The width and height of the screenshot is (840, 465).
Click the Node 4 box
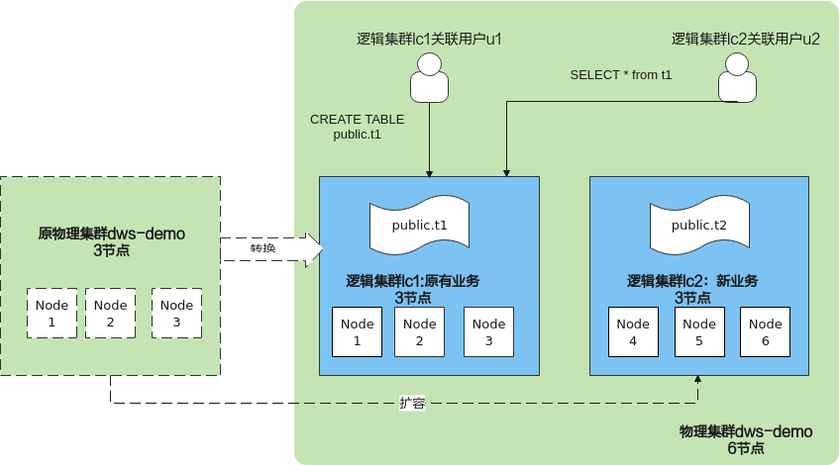tap(633, 331)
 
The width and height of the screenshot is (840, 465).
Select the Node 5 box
tap(699, 331)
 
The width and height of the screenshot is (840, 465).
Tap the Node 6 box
tap(765, 331)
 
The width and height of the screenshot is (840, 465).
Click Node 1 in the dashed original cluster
tap(52, 313)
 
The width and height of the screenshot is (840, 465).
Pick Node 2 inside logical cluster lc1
tap(419, 331)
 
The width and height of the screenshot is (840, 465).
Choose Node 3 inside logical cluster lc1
tap(488, 331)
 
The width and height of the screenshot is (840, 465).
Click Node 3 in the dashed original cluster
tap(176, 313)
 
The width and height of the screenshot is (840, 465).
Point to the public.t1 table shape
tap(419, 227)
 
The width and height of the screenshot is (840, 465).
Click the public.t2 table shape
tap(698, 227)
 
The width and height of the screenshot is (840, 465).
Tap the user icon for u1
tap(429, 79)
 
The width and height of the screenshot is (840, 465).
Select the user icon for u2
tap(735, 79)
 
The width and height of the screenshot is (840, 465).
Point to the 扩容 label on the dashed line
tap(413, 403)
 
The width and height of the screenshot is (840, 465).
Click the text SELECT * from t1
tap(621, 74)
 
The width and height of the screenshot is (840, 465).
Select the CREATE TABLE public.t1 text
tap(357, 127)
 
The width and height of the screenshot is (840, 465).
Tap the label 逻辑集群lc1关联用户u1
tap(429, 40)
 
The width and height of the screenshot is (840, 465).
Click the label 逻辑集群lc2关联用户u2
tap(745, 40)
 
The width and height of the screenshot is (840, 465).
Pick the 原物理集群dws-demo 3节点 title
tap(111, 242)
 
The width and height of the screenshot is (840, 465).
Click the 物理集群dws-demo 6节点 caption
tap(745, 439)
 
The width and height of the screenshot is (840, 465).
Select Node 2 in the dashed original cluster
tap(110, 313)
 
